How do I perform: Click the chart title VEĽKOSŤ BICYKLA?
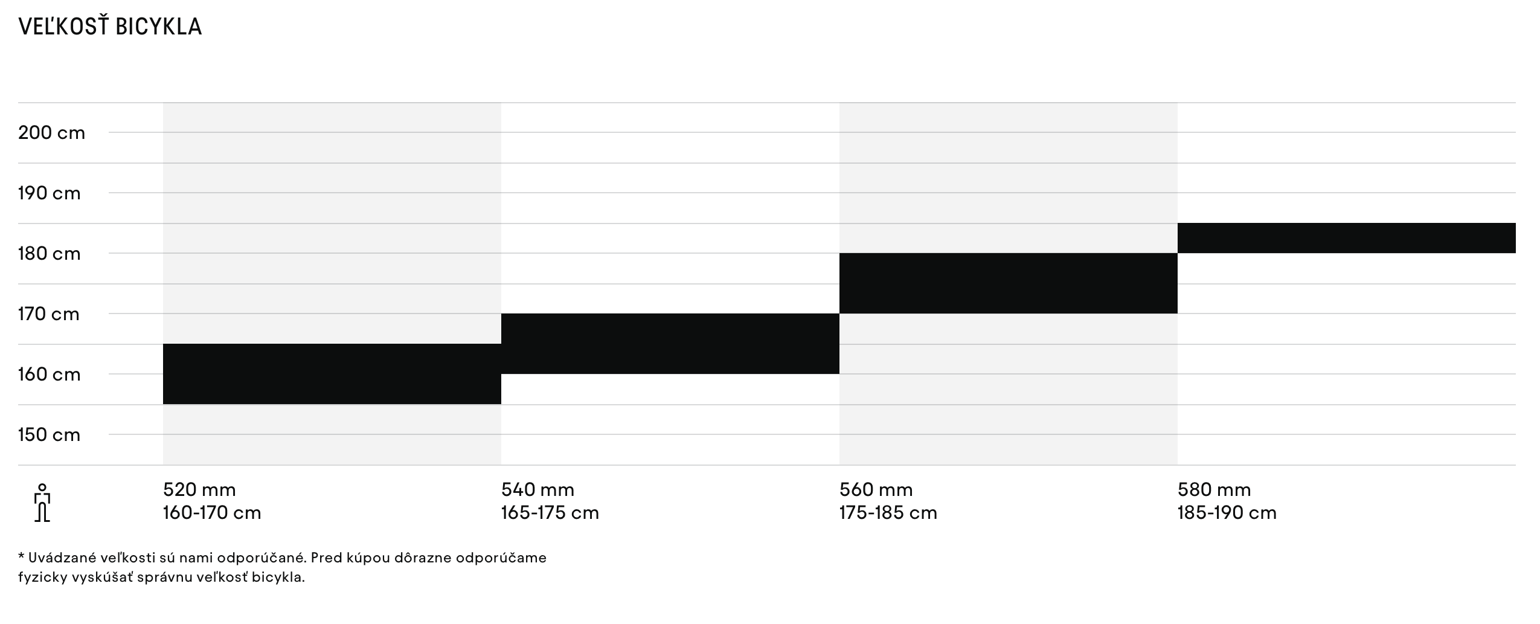coord(110,27)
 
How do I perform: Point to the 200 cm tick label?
coord(51,133)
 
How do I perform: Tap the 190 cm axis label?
coord(49,193)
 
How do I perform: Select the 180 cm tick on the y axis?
coord(49,254)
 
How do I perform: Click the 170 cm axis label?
coord(48,314)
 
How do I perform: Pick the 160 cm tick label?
coord(49,375)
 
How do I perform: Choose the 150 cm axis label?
coord(49,435)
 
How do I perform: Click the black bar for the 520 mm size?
coord(332,374)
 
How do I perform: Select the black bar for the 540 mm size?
coord(670,344)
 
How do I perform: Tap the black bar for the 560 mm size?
coord(1008,283)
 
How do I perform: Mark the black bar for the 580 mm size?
coord(1346,238)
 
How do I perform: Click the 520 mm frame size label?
coord(199,489)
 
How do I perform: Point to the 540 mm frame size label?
coord(537,489)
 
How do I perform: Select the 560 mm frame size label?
coord(876,489)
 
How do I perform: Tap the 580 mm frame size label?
coord(1214,489)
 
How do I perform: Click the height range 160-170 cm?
coord(212,513)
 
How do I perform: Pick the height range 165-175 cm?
coord(550,513)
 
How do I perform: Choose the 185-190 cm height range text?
coord(1227,513)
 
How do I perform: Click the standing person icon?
coord(42,502)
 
